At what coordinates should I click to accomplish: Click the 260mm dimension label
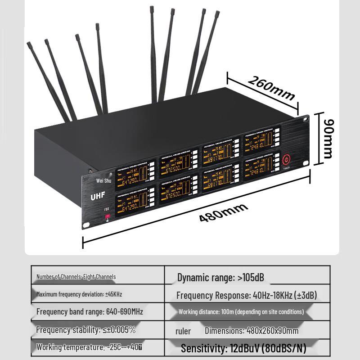point(271,88)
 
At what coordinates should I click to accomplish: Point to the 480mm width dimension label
point(224,212)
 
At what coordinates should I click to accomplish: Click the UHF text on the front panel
point(98,197)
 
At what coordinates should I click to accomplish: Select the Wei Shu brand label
point(103,180)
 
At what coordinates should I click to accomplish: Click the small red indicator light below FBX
point(108,217)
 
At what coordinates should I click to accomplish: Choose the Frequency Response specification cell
point(247,296)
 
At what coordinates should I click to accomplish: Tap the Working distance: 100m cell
point(241,311)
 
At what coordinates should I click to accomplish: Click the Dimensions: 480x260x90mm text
point(252,331)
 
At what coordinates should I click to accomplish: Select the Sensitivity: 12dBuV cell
point(243,348)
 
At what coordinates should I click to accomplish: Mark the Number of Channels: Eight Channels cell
point(76,277)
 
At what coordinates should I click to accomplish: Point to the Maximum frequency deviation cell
point(79,294)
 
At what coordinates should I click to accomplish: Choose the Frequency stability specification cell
point(85,330)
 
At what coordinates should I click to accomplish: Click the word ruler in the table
point(183,331)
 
